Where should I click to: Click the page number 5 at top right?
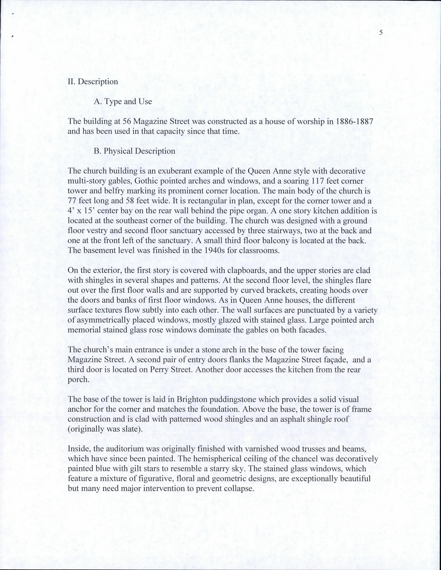tap(381, 33)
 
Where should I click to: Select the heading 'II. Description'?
tap(93, 82)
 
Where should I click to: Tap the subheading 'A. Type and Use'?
tap(123, 101)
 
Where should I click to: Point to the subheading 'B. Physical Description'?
tap(134, 151)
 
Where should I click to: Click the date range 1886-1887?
tap(356, 122)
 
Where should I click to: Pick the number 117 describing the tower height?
tap(318, 181)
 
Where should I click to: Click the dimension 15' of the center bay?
tap(90, 211)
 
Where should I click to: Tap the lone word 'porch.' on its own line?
tap(78, 379)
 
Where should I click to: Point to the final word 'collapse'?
tap(239, 488)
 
